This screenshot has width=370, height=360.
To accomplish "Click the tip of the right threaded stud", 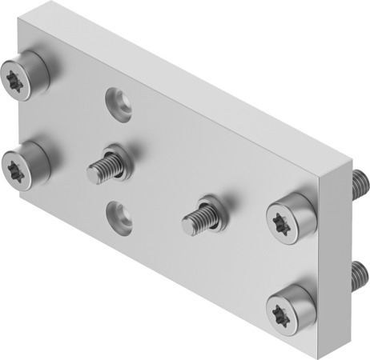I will tap(188, 222).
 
